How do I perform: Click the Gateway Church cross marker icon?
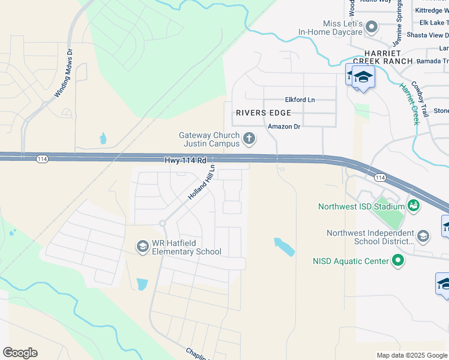(x=249, y=140)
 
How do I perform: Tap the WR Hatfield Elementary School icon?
(x=142, y=246)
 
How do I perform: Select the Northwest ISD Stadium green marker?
(x=413, y=206)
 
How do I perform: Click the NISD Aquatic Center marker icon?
(x=397, y=260)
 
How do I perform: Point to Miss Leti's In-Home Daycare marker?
(x=372, y=26)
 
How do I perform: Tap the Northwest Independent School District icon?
(x=423, y=236)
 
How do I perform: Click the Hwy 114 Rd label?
(x=185, y=160)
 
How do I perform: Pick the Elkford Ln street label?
(x=300, y=100)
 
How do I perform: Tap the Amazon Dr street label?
(x=283, y=126)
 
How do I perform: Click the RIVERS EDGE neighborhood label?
(x=264, y=113)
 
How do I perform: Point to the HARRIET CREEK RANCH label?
(x=382, y=56)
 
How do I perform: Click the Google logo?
(x=20, y=353)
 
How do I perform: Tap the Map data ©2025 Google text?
(x=411, y=355)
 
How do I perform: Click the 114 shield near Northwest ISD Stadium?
(x=379, y=178)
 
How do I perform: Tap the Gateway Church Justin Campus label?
(x=209, y=140)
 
